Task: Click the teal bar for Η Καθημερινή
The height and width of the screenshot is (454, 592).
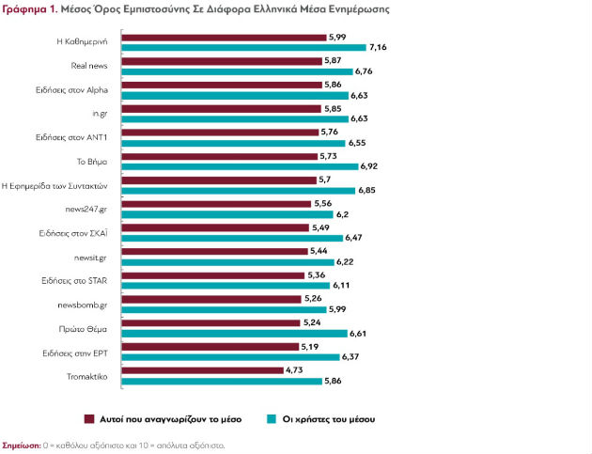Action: point(244,47)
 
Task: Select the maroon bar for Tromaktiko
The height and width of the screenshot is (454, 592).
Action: point(202,370)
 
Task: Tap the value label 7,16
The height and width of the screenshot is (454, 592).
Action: point(378,47)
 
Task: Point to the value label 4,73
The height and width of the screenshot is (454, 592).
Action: point(294,370)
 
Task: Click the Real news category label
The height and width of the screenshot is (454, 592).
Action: point(89,66)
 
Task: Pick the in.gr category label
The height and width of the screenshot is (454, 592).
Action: point(100,114)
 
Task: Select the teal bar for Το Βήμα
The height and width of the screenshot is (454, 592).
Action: point(240,166)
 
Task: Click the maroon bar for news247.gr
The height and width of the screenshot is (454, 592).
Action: point(216,204)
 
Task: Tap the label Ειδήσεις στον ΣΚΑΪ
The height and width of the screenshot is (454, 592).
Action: point(73,233)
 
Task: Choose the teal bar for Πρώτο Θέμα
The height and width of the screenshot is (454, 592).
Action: point(235,334)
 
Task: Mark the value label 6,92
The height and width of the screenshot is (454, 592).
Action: point(369,166)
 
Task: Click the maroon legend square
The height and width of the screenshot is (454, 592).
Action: point(89,419)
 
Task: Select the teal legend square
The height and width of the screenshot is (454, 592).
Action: point(272,419)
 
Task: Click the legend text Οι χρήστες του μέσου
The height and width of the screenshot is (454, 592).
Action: point(329,419)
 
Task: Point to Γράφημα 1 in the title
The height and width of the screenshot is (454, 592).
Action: point(30,9)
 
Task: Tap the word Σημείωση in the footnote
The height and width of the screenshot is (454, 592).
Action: point(22,446)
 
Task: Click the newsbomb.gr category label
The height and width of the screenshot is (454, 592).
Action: point(83,305)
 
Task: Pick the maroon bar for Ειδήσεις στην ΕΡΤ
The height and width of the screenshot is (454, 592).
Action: point(210,347)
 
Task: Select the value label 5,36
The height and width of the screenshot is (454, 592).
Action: point(317,275)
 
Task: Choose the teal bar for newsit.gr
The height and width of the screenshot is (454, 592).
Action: point(228,262)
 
